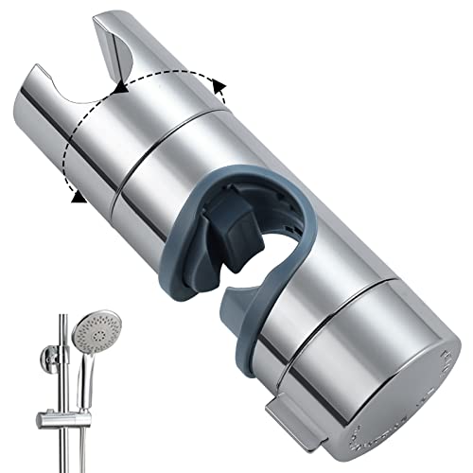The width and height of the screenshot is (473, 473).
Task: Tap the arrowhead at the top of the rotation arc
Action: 120,87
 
